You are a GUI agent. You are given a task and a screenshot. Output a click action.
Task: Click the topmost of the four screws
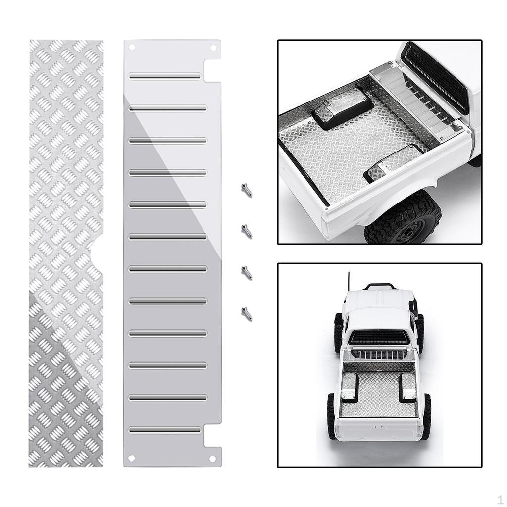[x=246, y=189]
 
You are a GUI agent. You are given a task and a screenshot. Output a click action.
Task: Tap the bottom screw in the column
[x=246, y=313]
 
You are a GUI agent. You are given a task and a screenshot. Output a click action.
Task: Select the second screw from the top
[x=246, y=231]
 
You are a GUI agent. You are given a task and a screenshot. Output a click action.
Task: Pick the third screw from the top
[x=246, y=272]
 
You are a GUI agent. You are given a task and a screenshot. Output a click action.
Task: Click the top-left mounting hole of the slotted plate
[x=132, y=48]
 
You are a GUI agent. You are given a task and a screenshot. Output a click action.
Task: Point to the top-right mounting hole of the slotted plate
[x=213, y=48]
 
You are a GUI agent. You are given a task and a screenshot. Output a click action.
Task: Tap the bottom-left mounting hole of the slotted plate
[x=132, y=458]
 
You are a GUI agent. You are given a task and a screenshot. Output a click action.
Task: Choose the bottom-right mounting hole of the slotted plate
[x=213, y=458]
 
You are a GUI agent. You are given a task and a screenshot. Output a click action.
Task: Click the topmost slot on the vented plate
[x=165, y=76]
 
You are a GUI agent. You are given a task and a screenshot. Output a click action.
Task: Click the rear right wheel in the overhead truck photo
[x=426, y=415]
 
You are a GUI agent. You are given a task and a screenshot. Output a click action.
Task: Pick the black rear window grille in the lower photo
[x=379, y=338]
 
